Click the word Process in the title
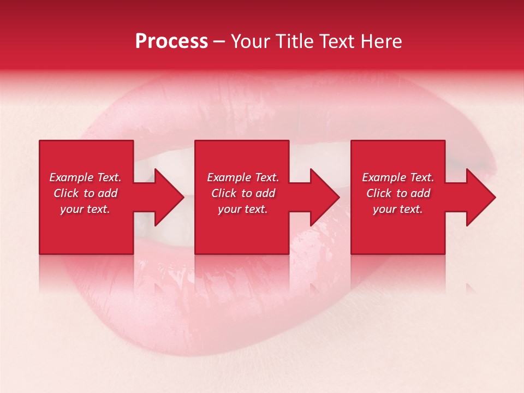pos(171,41)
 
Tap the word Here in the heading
pos(380,41)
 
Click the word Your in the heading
pos(251,41)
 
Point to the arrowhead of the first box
pos(170,197)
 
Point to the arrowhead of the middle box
pos(325,197)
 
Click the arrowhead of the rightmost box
pos(481,197)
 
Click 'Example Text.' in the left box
pos(85,177)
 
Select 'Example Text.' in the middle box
pos(243,177)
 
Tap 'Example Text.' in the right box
pos(398,177)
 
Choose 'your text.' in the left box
pos(85,209)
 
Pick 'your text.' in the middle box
pos(243,209)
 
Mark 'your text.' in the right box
pos(398,209)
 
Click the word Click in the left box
pos(66,193)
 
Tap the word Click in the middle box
pos(224,193)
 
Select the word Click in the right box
pos(379,193)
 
